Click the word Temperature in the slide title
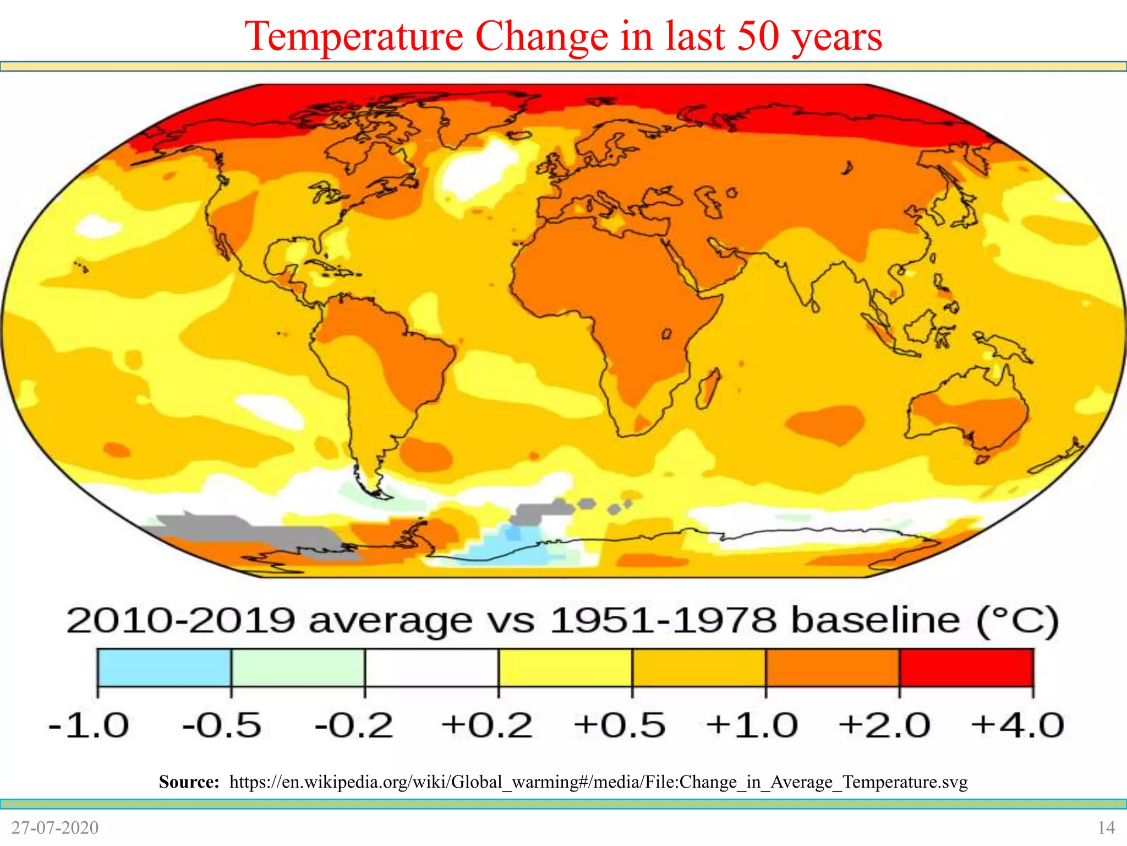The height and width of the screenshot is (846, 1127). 354,36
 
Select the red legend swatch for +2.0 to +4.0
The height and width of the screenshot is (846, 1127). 966,667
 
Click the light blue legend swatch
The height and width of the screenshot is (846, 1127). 164,667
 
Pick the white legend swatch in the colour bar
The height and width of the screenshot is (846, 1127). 431,667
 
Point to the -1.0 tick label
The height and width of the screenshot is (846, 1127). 89,725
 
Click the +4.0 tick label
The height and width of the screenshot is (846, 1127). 1017,725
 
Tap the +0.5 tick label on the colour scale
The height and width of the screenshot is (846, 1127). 619,725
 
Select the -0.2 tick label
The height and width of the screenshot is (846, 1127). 354,725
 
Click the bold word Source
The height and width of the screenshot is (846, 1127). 189,782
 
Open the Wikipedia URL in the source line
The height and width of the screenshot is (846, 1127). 598,782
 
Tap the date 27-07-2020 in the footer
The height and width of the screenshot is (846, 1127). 54,827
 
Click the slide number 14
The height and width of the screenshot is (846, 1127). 1106,827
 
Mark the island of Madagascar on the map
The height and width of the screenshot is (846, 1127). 708,389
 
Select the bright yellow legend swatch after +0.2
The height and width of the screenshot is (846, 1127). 565,667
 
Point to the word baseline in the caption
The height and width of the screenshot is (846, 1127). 875,621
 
